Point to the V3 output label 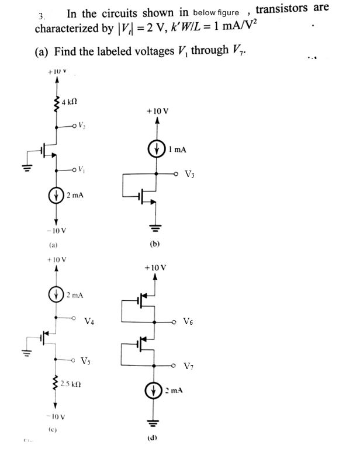pos(190,174)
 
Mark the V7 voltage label pos(188,366)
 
